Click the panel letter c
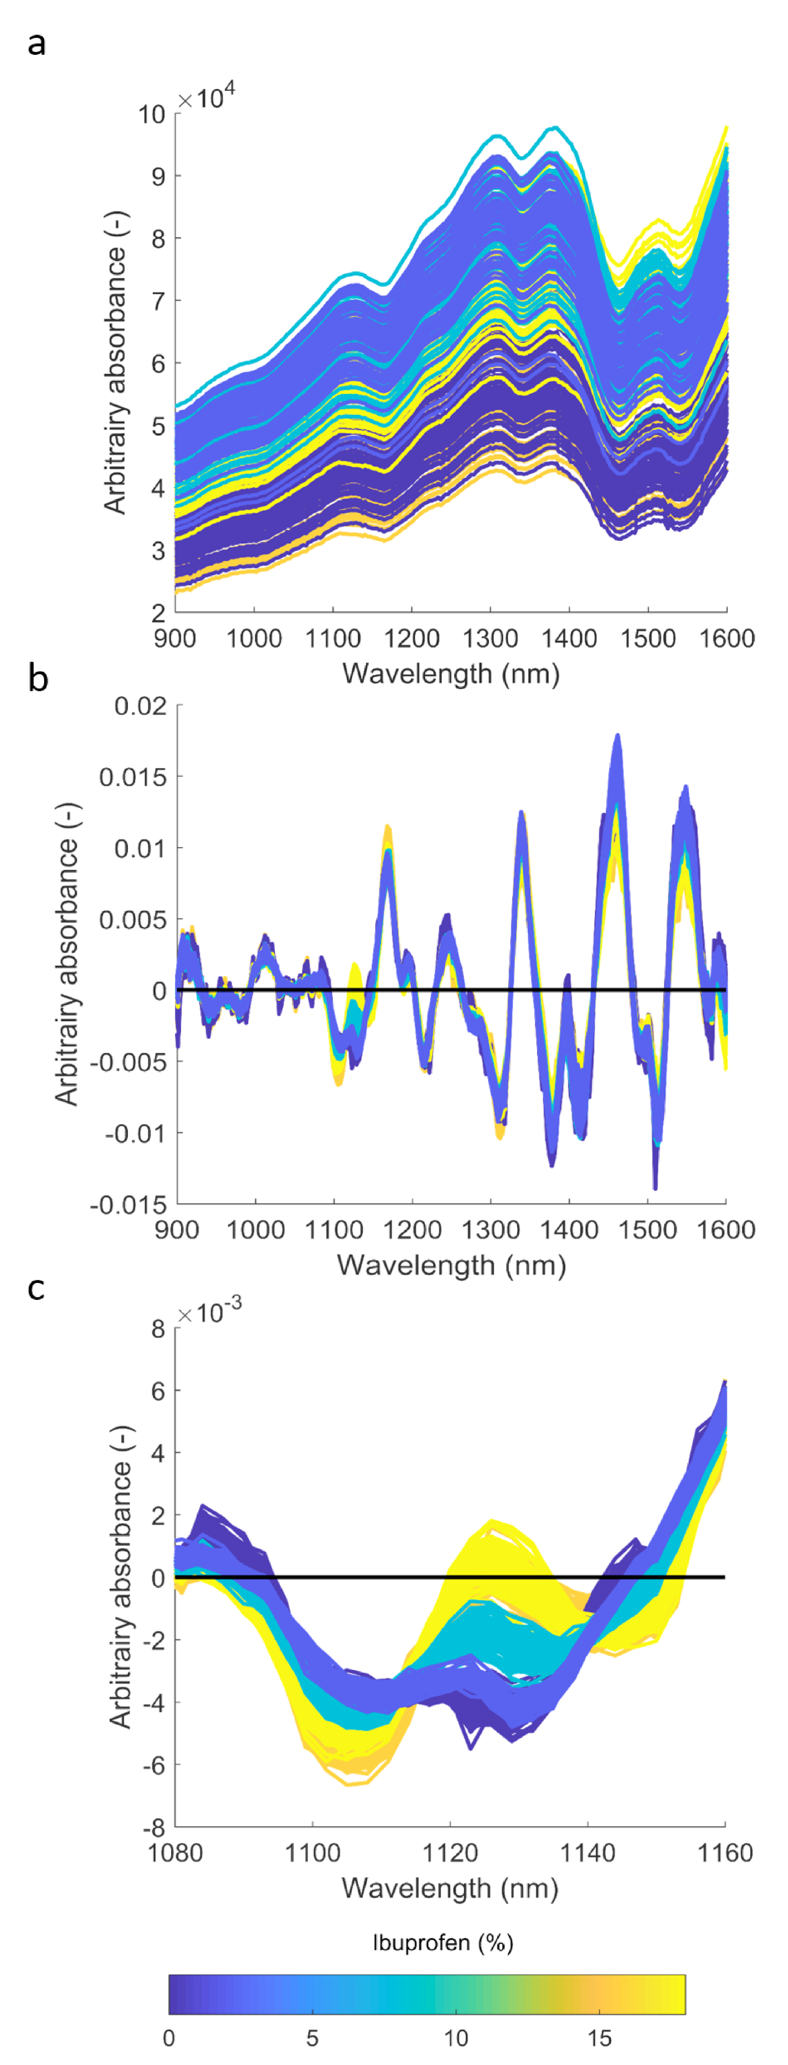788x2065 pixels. pos(36,1288)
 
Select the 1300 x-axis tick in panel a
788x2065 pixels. pos(490,639)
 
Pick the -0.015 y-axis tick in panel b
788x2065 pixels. pos(128,1205)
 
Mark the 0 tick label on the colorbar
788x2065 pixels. pos(168,2038)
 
